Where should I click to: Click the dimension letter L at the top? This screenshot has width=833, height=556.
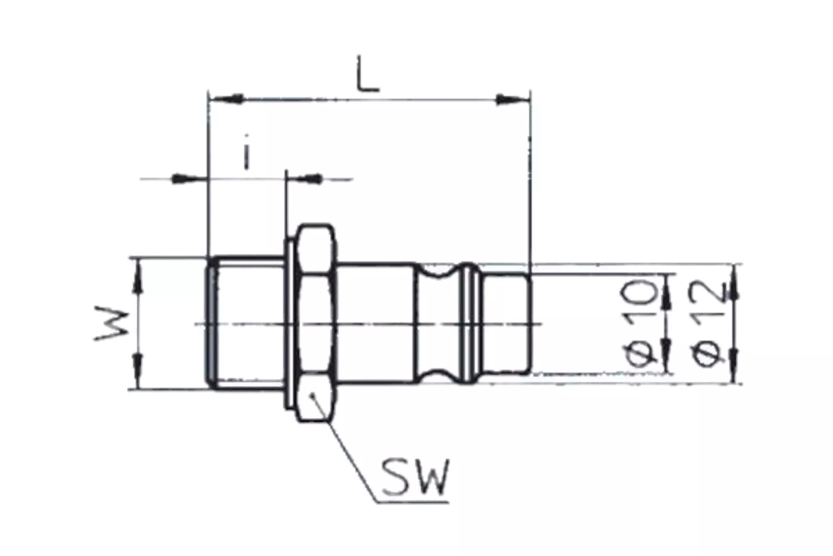(368, 74)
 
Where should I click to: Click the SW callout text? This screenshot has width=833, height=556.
(415, 477)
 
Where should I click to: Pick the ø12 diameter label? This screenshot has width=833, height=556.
(706, 324)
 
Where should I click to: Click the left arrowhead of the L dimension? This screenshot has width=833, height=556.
(227, 99)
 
